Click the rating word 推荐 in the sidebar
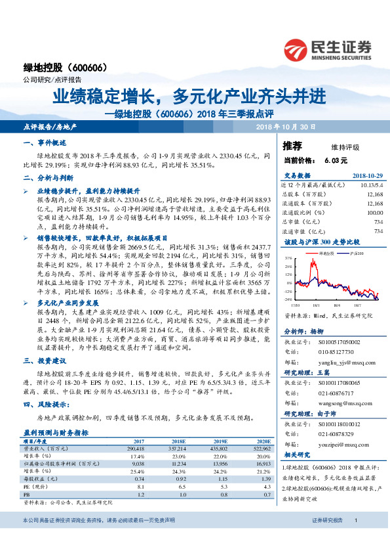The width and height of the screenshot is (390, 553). click(292, 146)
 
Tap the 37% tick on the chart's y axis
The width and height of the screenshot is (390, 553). click(288, 259)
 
